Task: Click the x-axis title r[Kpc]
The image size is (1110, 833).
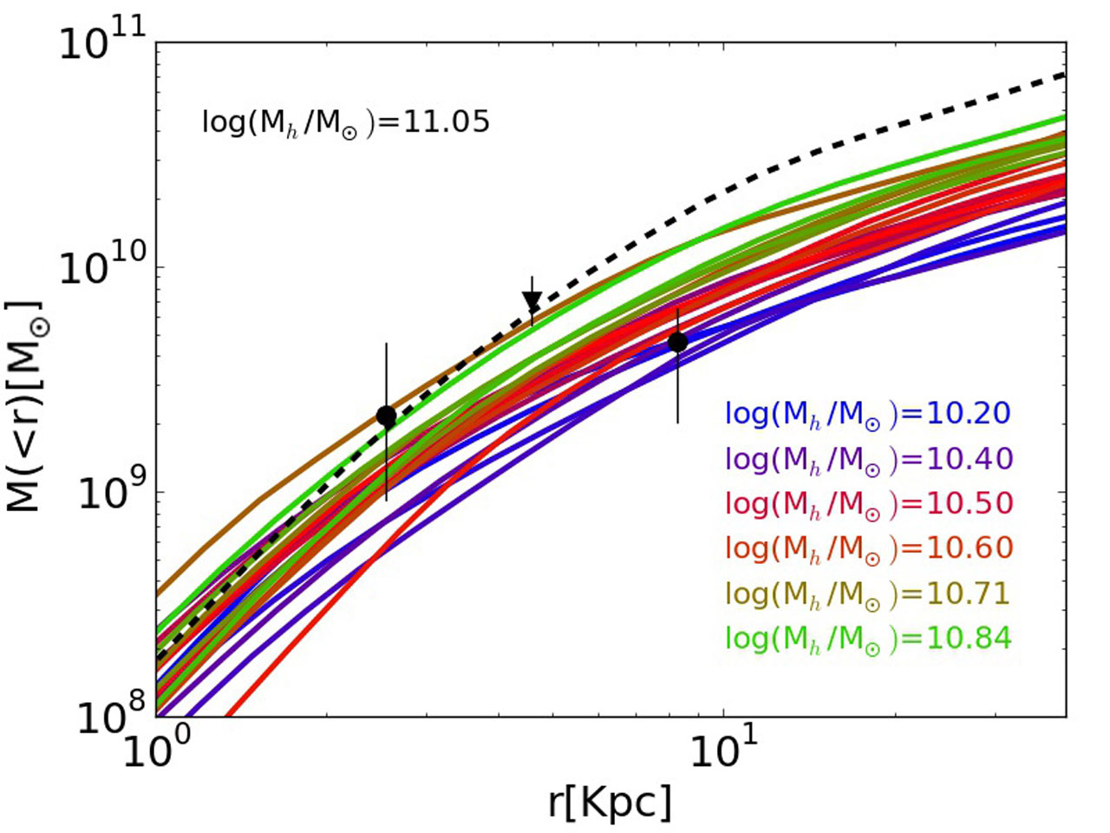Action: tap(610, 803)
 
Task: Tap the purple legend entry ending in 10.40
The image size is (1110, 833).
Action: tap(868, 459)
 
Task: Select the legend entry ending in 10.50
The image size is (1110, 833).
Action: tap(868, 504)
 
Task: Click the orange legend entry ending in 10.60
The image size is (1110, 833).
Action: tap(868, 549)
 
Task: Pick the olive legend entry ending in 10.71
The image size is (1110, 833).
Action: tap(868, 594)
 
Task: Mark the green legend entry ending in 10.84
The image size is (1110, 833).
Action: tap(868, 640)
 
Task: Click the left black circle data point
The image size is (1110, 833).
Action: tap(387, 416)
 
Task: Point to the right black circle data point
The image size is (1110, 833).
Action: tap(678, 342)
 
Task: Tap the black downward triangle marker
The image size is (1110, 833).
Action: tap(532, 301)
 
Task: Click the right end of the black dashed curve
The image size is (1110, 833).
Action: tap(1063, 75)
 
